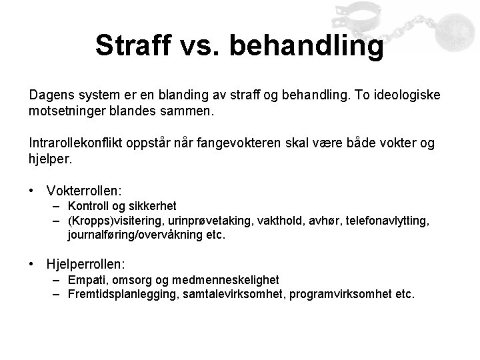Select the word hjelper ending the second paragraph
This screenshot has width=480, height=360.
(x=49, y=159)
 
